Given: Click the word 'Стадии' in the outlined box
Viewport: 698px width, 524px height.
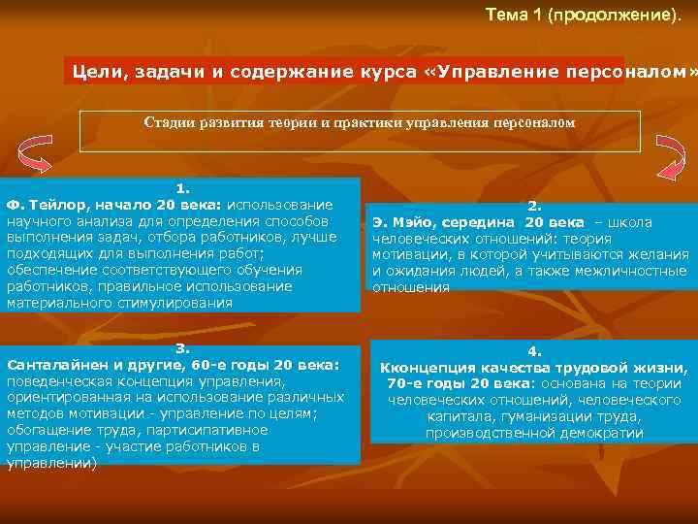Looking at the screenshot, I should coord(170,123).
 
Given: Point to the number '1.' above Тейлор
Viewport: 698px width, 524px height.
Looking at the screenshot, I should coord(182,189).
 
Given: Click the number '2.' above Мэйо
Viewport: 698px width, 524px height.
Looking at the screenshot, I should coord(534,206).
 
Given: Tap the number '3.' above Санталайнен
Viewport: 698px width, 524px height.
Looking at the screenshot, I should coord(181,348).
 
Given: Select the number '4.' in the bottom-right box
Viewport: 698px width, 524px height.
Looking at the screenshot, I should coord(534,352).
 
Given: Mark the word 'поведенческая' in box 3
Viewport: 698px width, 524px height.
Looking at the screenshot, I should coord(57,380).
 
